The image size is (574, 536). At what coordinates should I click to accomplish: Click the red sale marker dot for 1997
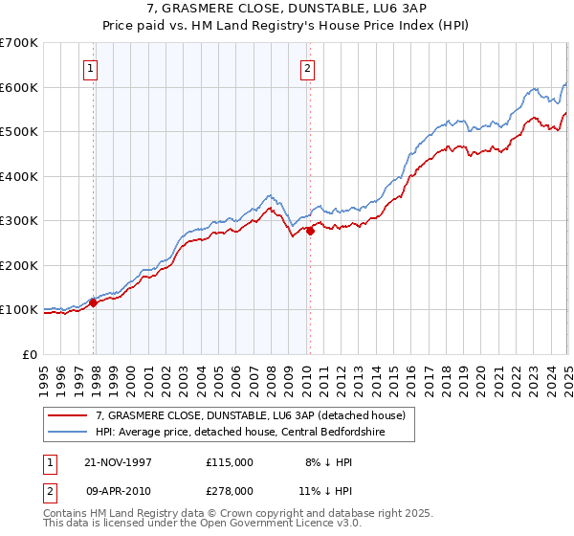[94, 303]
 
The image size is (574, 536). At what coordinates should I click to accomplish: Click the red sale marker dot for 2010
[310, 231]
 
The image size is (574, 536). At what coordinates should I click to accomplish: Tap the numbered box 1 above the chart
[89, 68]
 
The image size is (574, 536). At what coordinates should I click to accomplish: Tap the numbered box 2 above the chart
[307, 68]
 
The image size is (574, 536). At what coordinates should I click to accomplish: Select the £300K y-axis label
[19, 221]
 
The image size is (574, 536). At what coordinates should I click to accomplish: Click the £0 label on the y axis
[29, 354]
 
